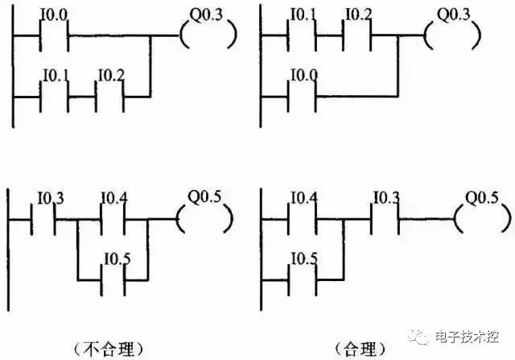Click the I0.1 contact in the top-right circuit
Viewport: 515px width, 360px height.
[x=303, y=36]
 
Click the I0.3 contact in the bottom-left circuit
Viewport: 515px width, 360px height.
[x=43, y=219]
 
